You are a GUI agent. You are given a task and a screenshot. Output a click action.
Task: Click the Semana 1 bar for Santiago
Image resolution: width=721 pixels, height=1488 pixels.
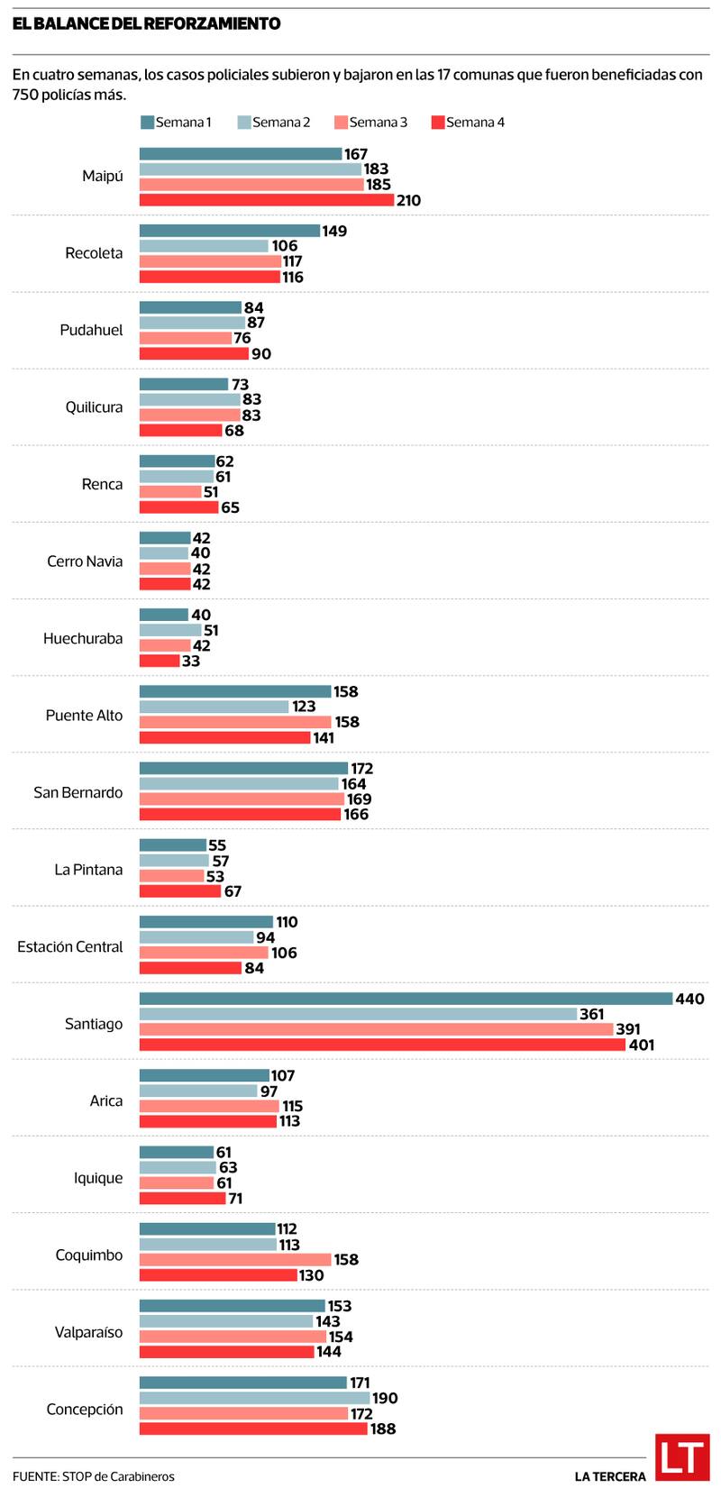[406, 999]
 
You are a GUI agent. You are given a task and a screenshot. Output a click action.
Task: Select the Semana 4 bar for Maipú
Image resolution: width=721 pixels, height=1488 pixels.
[267, 200]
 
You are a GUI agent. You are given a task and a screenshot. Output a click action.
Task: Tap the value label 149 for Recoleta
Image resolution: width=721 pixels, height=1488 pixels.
[335, 231]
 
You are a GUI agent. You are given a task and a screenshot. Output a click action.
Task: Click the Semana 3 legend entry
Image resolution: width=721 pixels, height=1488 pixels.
[370, 123]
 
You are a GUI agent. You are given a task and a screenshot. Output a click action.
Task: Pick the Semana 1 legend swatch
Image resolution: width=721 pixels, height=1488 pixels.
[147, 123]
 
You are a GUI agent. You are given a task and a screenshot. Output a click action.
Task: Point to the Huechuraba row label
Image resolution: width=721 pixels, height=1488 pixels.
[83, 639]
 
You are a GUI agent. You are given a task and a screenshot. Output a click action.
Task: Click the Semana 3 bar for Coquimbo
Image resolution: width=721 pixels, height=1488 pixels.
[235, 1260]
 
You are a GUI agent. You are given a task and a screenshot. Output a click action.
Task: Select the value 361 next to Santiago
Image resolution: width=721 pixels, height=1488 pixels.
[591, 1015]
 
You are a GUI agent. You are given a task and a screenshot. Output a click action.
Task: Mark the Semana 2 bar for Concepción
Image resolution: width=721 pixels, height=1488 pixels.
[255, 1398]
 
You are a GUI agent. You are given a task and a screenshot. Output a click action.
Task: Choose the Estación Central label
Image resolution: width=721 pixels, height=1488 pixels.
[70, 946]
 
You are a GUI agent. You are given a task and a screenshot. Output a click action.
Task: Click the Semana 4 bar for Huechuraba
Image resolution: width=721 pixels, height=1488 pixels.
[160, 661]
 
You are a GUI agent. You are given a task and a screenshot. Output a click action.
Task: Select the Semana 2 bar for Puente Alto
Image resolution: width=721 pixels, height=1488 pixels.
[214, 707]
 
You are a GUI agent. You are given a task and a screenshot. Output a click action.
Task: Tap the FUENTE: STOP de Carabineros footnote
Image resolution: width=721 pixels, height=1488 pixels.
[94, 1476]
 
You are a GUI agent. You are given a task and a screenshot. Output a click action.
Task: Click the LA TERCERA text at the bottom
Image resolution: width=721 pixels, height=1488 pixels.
[610, 1476]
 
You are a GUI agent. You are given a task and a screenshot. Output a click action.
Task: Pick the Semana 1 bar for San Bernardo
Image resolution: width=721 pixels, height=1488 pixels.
[243, 768]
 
